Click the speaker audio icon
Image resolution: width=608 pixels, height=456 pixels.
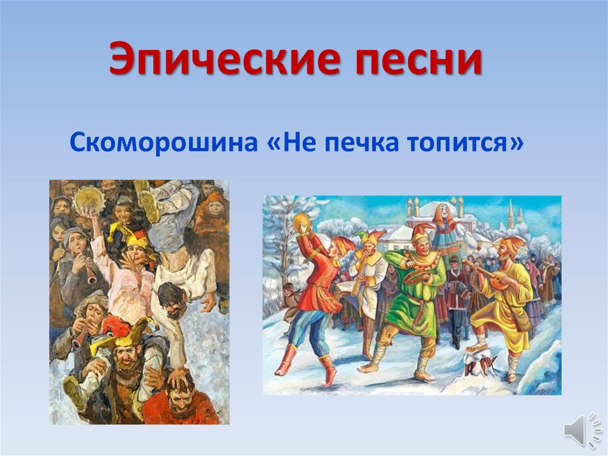pos(575,429)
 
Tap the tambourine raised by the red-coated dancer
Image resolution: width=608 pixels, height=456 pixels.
pos(301,224)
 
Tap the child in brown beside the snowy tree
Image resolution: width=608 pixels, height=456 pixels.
pos(290,296)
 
